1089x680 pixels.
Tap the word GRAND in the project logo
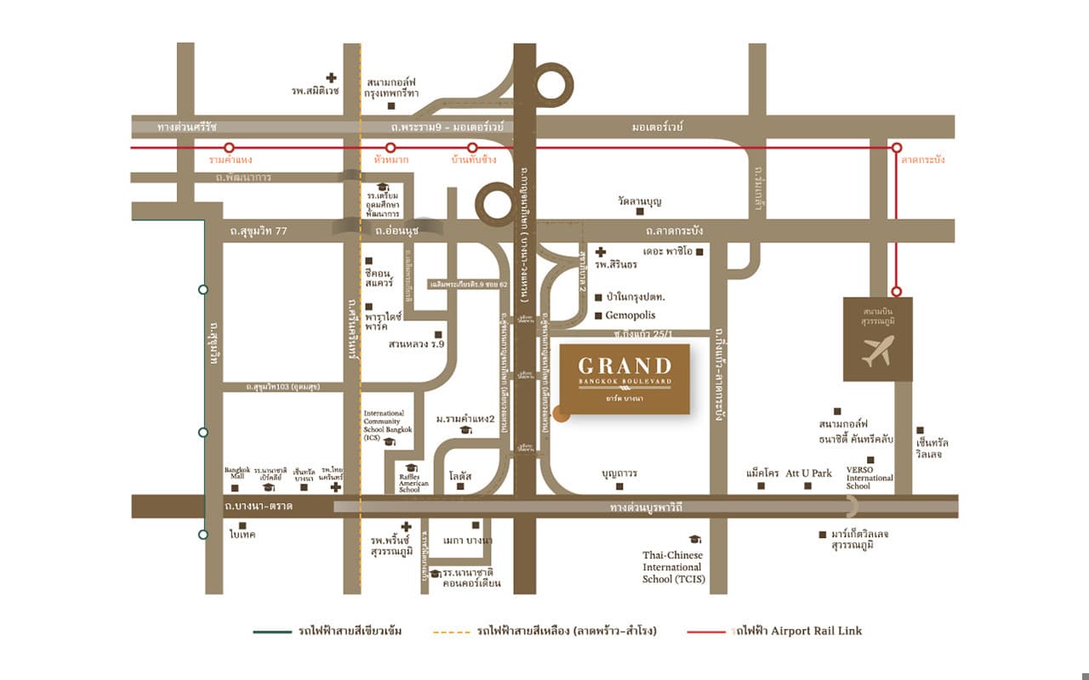[x=624, y=366]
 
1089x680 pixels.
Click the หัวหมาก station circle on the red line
[x=391, y=148]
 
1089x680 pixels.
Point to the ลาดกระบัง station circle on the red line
[x=896, y=148]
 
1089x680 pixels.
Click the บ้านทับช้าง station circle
[x=471, y=148]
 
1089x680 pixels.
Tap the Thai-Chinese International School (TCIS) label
[x=672, y=567]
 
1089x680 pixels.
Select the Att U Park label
[x=808, y=473]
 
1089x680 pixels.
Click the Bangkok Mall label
[x=235, y=473]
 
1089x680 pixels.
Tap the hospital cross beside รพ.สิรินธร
[x=601, y=252]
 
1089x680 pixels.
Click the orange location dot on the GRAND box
[x=560, y=414]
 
